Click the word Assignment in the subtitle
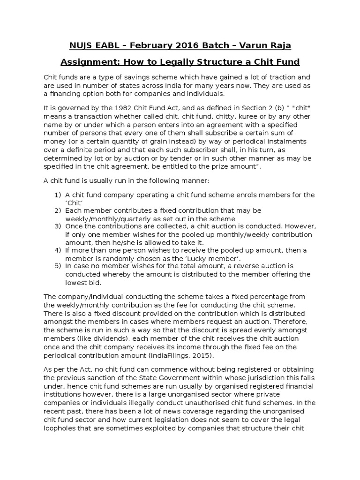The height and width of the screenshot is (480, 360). point(93,62)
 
